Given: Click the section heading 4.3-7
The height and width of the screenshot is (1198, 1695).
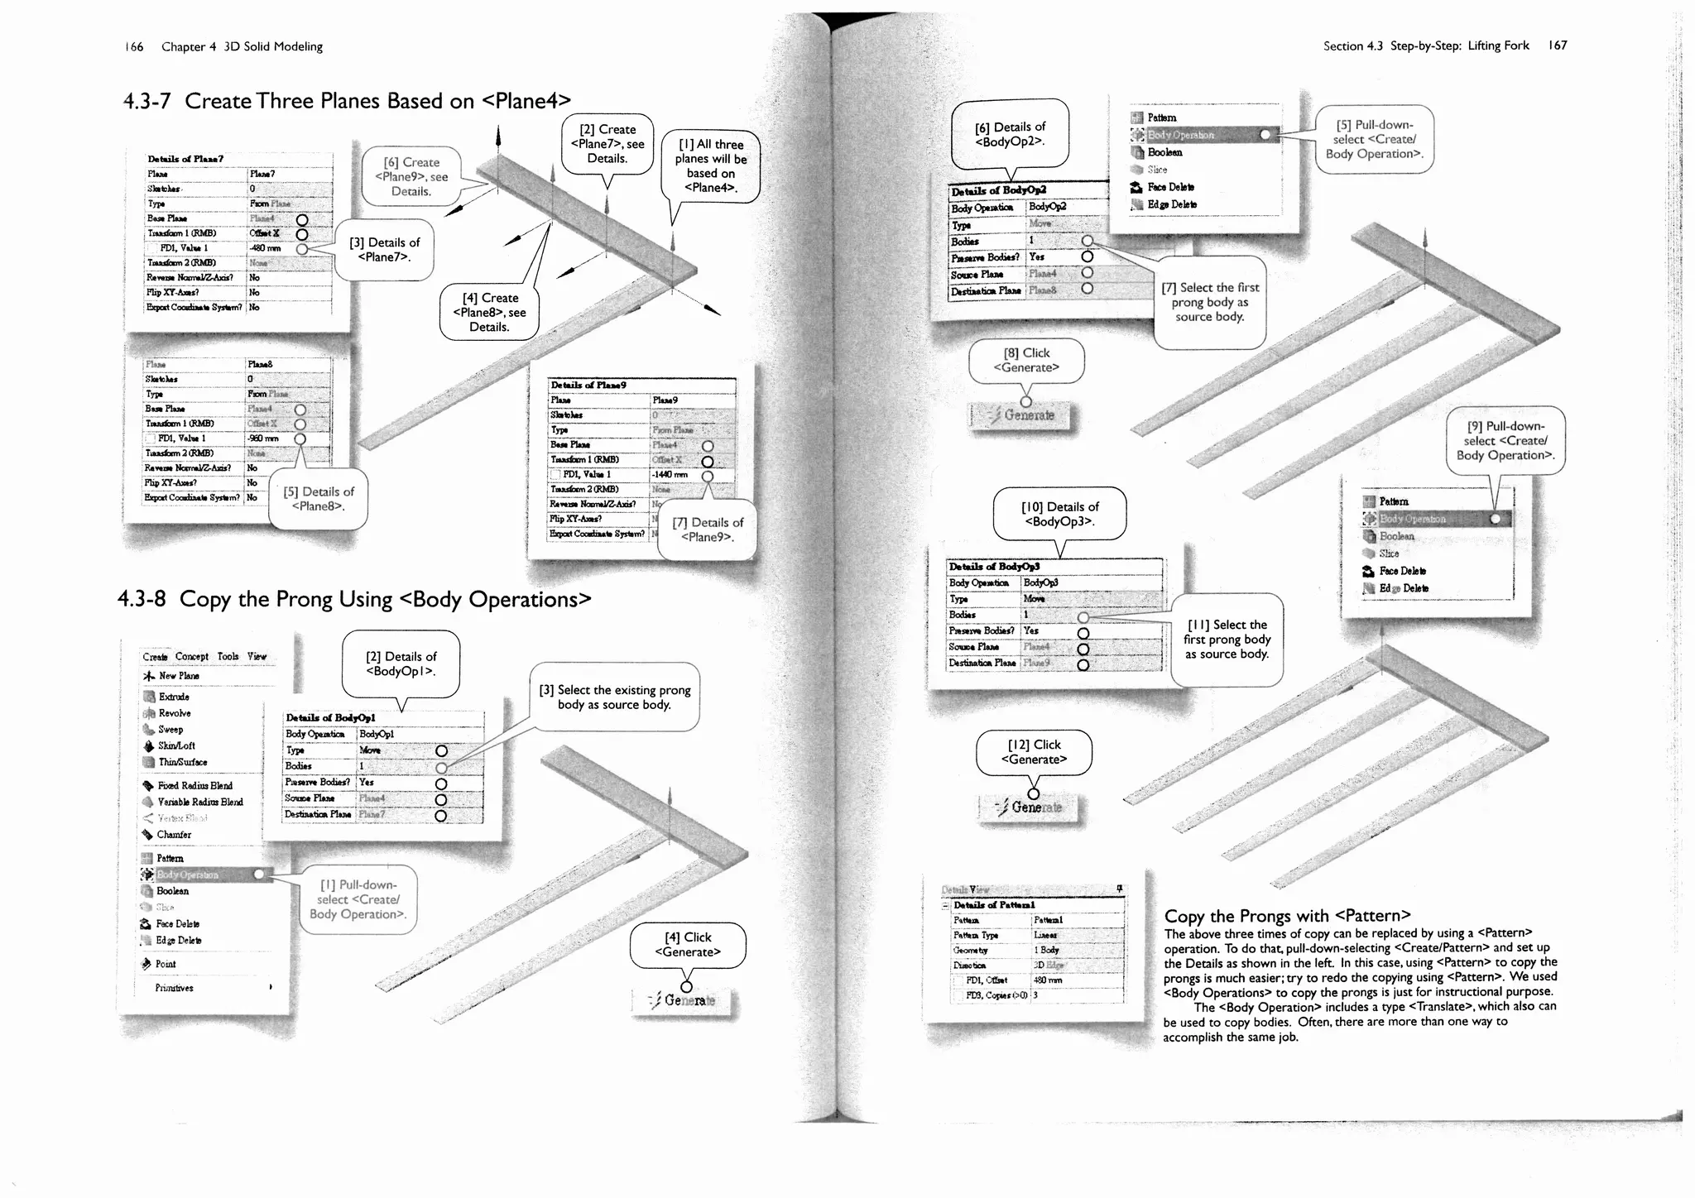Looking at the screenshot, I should [347, 101].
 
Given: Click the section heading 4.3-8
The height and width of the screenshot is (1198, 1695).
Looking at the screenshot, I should [354, 599].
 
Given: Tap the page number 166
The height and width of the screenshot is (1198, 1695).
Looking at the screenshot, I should [133, 47].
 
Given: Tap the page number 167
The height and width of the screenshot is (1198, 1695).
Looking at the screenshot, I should [1558, 46].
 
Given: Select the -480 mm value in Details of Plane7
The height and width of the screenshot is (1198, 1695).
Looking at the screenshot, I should [266, 248].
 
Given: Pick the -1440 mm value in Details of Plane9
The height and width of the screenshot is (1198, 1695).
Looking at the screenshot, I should [670, 475].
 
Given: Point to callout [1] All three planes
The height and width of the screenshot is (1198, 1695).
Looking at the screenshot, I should [711, 166].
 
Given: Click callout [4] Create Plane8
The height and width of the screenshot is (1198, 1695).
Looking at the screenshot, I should [489, 312].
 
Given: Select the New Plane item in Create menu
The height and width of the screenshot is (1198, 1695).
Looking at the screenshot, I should [179, 676].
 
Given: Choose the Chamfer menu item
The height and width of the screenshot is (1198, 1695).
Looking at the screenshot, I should [174, 835].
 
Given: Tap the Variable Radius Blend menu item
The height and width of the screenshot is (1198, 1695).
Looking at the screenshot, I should [199, 802].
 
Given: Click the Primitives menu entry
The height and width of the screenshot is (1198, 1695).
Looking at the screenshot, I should [175, 988].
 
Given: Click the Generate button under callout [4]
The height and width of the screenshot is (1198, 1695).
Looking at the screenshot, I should [684, 1001].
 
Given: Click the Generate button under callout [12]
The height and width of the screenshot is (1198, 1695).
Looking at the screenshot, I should [1031, 807].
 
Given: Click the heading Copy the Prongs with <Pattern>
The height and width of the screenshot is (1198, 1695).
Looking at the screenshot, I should [1287, 916].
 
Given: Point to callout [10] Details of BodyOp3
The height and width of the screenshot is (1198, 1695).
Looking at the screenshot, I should [1059, 514].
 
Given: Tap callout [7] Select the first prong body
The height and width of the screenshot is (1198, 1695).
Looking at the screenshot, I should [1210, 302].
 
